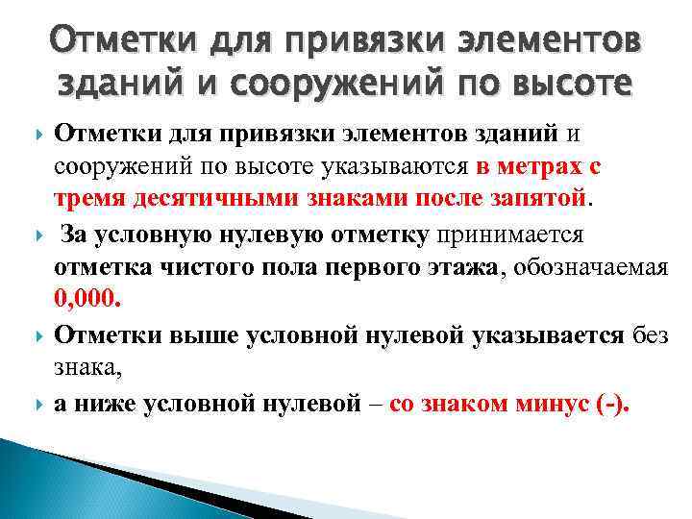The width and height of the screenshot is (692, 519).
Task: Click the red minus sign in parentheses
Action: click(x=605, y=403)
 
